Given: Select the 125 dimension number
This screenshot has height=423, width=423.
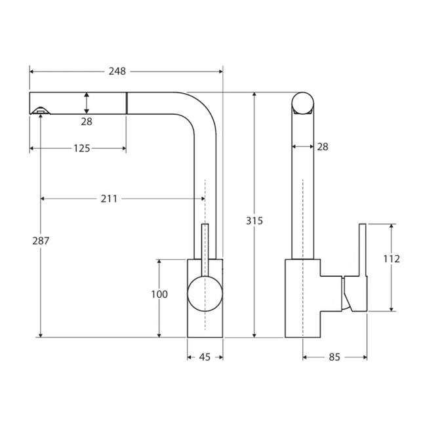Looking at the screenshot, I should tap(81, 148).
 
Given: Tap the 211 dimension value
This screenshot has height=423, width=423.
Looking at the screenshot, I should tap(109, 199).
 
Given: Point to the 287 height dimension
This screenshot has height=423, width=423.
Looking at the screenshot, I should tap(40, 241).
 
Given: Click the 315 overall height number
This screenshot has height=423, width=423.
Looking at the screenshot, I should tap(254, 221).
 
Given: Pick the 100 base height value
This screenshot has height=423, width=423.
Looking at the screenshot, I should tap(159, 294).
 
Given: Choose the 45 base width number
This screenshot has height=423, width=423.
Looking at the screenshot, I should tap(205, 357).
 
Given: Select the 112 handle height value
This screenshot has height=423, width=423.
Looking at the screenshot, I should tap(392, 258).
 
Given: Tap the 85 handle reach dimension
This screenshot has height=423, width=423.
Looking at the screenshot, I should tap(334, 357).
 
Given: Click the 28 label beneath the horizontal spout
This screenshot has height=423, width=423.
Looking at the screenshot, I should tap(87, 121).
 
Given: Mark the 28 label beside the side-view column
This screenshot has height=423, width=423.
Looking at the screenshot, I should tap(322, 147).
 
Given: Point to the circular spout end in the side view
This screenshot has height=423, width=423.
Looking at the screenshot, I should tap(303, 103).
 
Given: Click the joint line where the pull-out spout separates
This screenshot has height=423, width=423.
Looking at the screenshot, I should tap(127, 103).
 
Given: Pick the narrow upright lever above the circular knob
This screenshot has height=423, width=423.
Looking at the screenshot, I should tap(205, 249).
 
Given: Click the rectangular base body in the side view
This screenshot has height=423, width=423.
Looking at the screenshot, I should tap(302, 298).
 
